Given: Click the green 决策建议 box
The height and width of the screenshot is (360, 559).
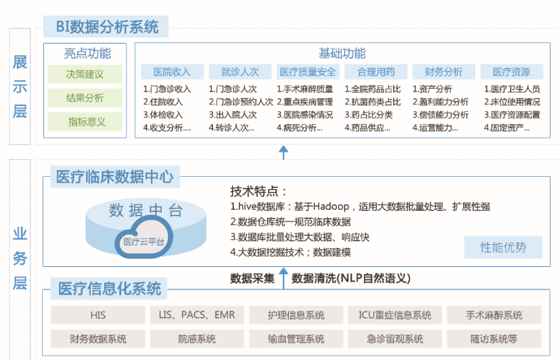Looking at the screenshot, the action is pos(85,74).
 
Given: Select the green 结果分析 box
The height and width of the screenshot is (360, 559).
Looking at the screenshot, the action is pos(85,98).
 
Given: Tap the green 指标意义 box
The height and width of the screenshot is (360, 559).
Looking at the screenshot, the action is pos(85,122).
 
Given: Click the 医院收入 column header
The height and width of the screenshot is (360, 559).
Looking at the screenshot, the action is pos(172,72).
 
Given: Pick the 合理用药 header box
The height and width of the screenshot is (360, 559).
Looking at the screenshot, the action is pos(376,72).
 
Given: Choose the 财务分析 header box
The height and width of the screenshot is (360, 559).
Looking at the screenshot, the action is pos(444,72).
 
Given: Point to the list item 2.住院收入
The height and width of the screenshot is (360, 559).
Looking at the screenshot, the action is pos(163,102).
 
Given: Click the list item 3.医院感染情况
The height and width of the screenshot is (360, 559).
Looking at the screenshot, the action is pos(305,115).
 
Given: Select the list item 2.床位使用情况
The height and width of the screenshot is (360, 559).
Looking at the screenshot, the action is pos(512,102).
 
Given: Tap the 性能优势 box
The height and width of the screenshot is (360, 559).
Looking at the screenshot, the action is pos(503,247).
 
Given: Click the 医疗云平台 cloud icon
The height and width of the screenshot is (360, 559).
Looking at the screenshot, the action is pos(144,238).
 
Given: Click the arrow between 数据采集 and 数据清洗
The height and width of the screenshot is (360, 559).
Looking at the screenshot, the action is pos(284,278).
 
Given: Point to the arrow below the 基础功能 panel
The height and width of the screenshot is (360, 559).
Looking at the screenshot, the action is pos(284,152).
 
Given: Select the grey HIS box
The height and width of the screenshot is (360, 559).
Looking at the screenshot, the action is pos(98,315).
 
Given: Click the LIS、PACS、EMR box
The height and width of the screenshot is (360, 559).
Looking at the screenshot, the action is pos(197,315).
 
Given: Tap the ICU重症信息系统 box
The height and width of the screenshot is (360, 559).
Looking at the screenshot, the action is pos(395,315).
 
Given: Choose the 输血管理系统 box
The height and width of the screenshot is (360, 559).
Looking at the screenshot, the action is pos(296,339).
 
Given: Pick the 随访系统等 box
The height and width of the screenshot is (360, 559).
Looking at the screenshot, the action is pos(494,339).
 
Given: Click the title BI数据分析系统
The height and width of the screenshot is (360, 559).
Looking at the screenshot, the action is pos(107,27).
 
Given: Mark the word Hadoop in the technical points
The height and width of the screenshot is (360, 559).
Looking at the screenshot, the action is pos(331,207).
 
